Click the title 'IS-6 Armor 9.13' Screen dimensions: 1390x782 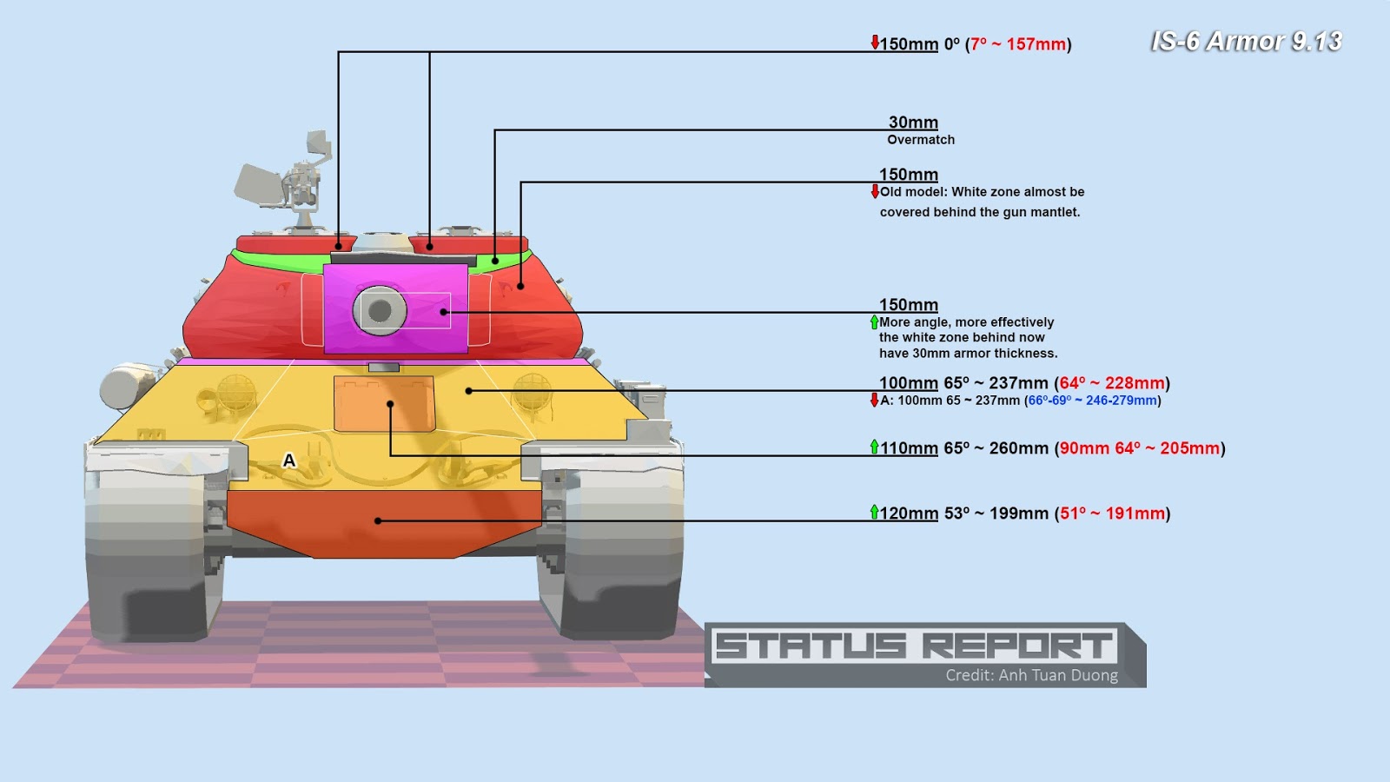click(1246, 43)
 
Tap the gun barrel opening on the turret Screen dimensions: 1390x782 click(380, 309)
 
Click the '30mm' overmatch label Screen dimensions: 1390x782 click(913, 123)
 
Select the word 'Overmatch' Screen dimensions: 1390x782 click(921, 140)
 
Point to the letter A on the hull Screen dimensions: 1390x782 click(289, 461)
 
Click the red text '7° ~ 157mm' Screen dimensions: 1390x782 click(1018, 44)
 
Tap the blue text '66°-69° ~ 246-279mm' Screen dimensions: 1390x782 click(1093, 401)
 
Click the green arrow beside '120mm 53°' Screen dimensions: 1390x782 click(874, 512)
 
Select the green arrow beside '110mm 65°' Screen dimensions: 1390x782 click(874, 447)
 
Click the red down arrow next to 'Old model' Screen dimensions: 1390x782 click(875, 191)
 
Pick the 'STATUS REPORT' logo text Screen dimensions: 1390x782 click(914, 646)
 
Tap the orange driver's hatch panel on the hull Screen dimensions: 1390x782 click(384, 403)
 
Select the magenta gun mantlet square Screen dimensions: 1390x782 click(396, 308)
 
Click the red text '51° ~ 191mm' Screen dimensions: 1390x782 click(1112, 514)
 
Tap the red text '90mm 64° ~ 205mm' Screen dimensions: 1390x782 click(1140, 448)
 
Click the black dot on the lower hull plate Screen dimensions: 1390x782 click(378, 520)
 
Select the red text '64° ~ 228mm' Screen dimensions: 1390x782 click(1112, 383)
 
